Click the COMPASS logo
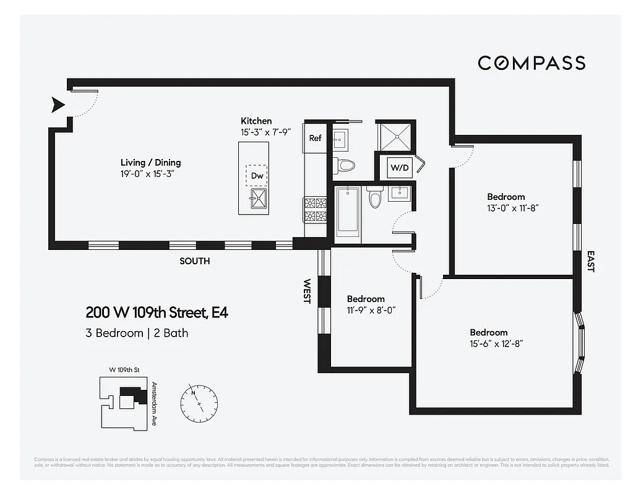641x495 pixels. tap(531, 62)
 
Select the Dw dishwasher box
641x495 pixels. tap(257, 176)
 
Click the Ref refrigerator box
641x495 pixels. tap(316, 138)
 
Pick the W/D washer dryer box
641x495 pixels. tap(397, 167)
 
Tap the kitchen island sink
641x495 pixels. tap(259, 199)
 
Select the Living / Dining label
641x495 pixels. tap(150, 163)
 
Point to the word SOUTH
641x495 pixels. tap(194, 261)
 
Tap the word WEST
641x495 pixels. tap(307, 291)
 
